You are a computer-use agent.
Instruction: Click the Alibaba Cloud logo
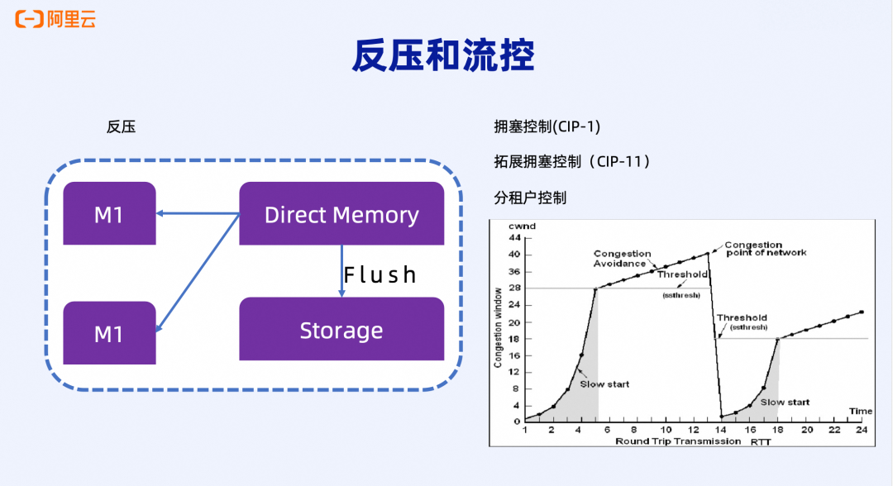click(x=55, y=19)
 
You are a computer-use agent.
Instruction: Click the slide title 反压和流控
click(x=445, y=55)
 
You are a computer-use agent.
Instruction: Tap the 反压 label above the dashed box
click(x=121, y=127)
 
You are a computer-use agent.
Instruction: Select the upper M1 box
click(x=109, y=215)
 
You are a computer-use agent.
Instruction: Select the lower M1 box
click(x=109, y=333)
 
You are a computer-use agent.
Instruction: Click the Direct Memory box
click(x=341, y=215)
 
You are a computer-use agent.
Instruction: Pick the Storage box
click(x=341, y=331)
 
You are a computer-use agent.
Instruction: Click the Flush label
click(x=380, y=274)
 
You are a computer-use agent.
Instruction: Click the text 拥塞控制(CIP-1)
click(x=547, y=127)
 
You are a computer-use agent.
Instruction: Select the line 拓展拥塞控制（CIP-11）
click(x=571, y=162)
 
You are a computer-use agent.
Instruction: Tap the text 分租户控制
click(x=530, y=198)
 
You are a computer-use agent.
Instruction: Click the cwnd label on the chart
click(x=523, y=226)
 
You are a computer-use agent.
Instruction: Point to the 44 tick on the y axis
click(x=514, y=237)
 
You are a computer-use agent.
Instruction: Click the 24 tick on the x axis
click(x=862, y=430)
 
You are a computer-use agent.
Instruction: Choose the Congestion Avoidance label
click(x=622, y=259)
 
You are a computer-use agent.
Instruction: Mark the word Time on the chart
click(x=860, y=411)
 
